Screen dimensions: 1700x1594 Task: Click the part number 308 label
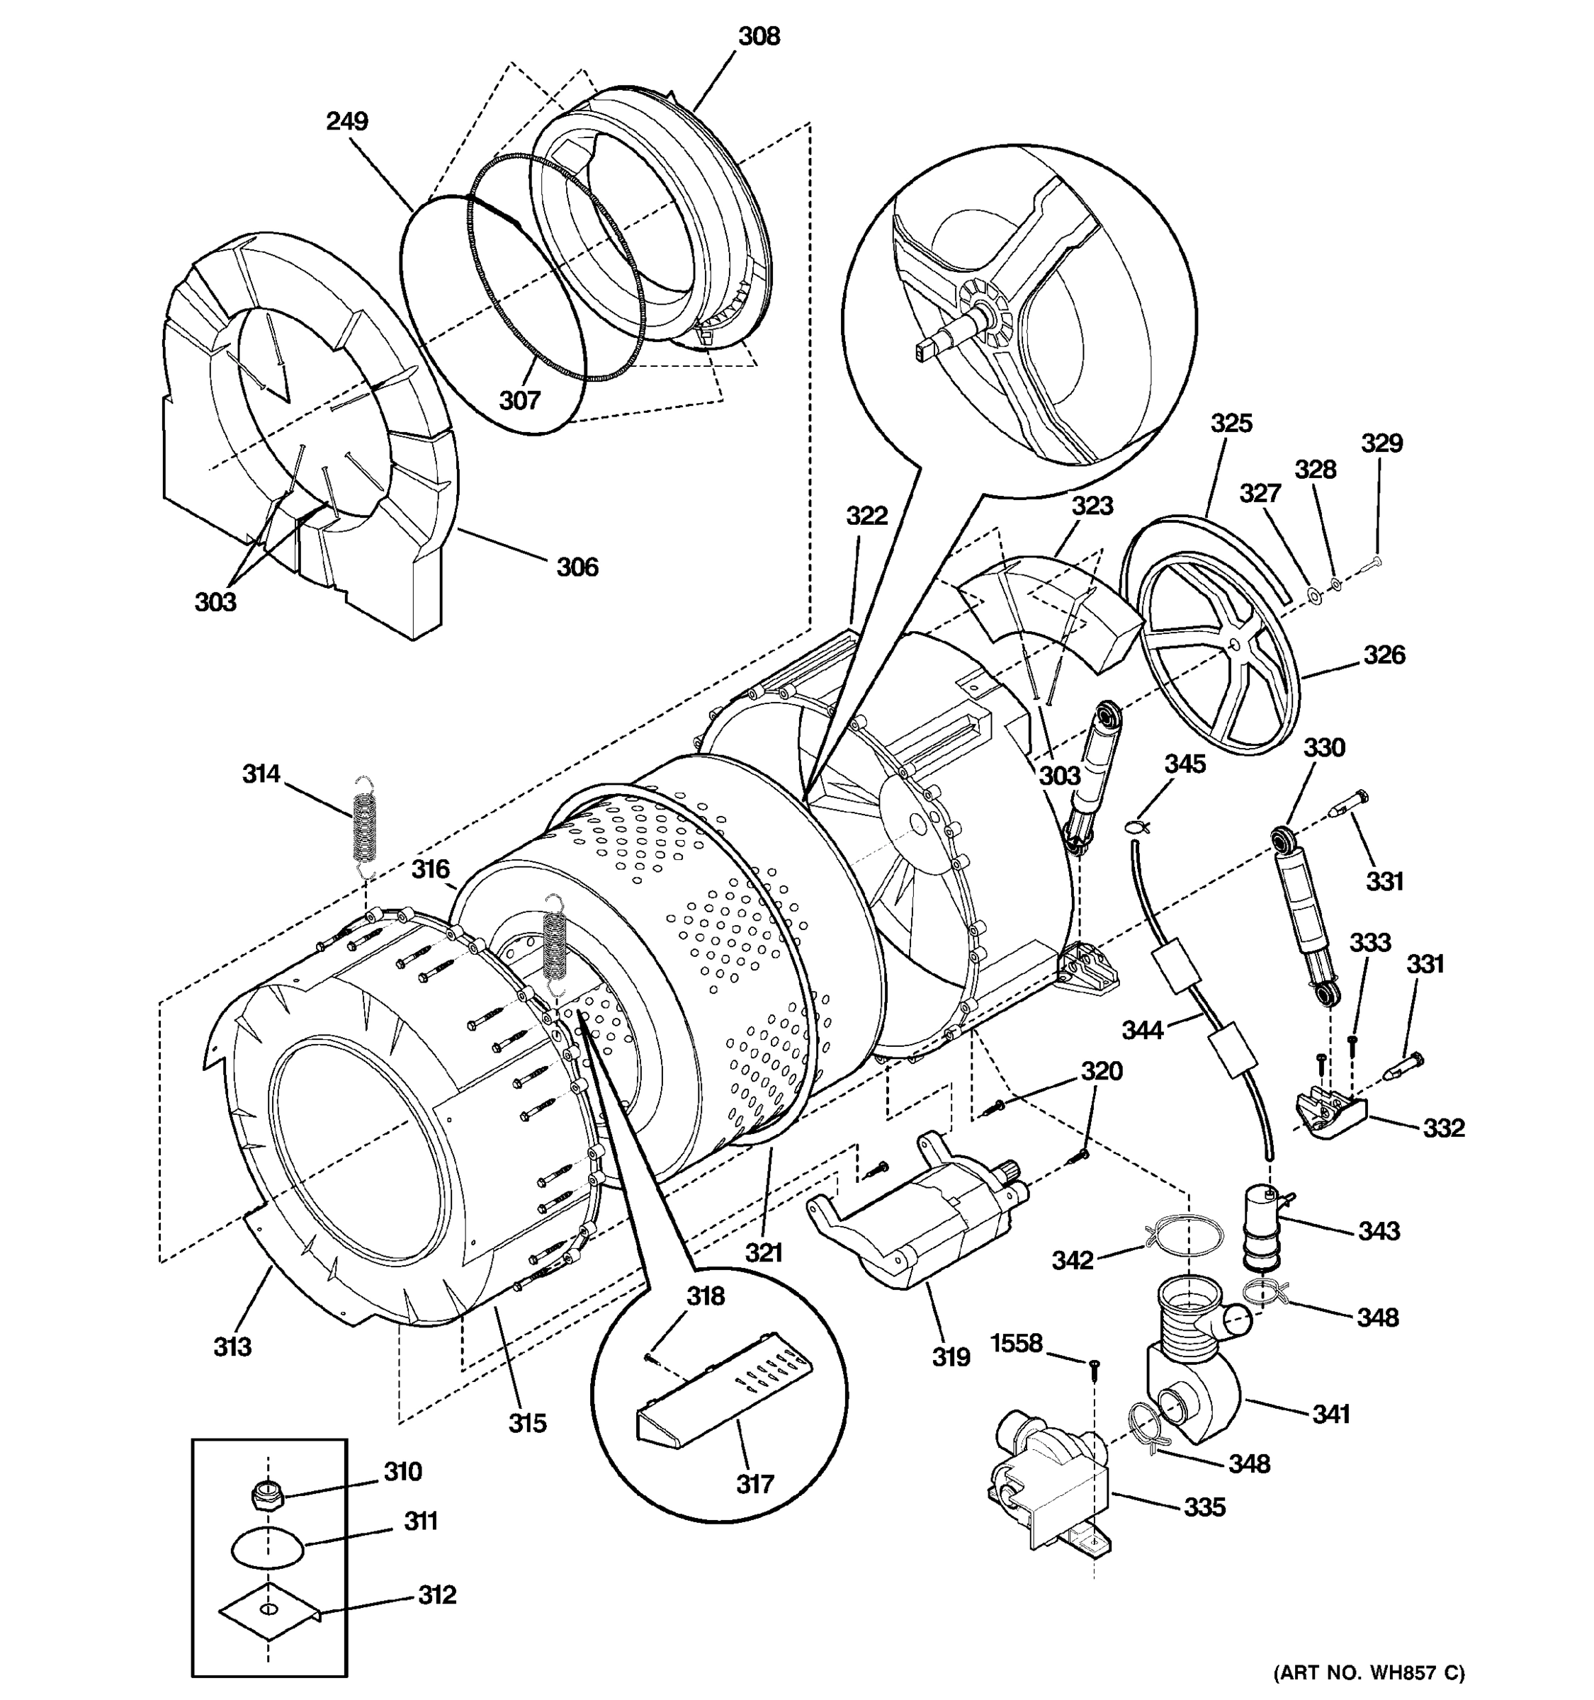(759, 37)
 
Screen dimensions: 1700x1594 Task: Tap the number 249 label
(346, 121)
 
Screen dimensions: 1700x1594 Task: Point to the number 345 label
(1185, 764)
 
